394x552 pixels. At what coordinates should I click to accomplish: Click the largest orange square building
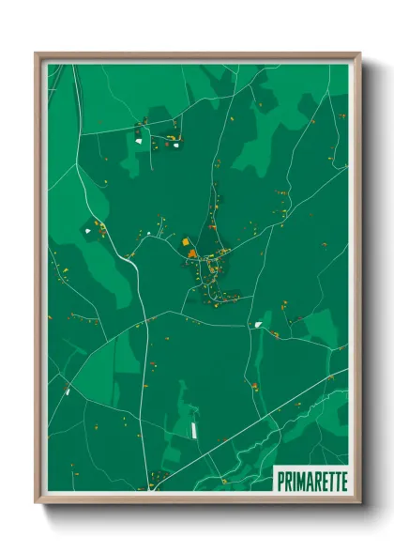tap(186, 242)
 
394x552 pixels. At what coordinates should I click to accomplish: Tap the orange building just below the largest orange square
tap(191, 253)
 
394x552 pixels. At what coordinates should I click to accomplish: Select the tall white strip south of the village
tap(194, 429)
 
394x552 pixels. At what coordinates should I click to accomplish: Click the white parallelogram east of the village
tap(258, 325)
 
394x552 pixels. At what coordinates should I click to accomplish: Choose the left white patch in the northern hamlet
tap(139, 141)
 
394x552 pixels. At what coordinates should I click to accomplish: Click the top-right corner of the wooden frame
tap(358, 54)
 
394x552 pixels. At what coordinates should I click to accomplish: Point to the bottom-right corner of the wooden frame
tap(358, 501)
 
